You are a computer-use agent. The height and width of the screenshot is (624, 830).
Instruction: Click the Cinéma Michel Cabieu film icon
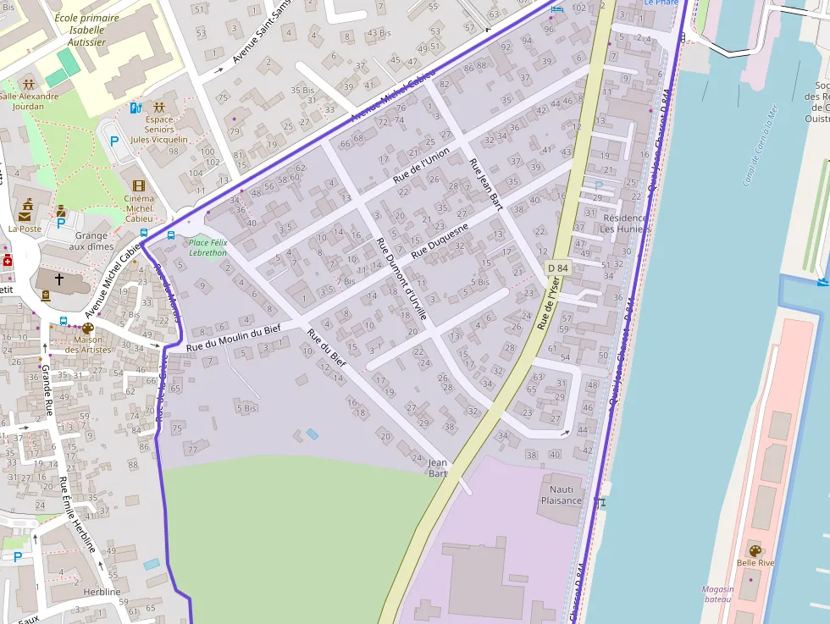pyautogui.click(x=138, y=185)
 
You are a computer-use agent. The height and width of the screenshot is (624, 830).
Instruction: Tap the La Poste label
pyautogui.click(x=25, y=229)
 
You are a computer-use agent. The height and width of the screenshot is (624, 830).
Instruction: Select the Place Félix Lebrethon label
pyautogui.click(x=207, y=248)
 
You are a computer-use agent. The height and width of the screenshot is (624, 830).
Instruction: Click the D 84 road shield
pyautogui.click(x=557, y=268)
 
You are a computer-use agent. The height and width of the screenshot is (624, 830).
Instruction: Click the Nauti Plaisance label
pyautogui.click(x=562, y=494)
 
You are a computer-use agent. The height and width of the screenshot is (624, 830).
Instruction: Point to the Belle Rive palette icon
pyautogui.click(x=755, y=550)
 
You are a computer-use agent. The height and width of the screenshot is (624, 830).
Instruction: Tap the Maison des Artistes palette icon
pyautogui.click(x=87, y=329)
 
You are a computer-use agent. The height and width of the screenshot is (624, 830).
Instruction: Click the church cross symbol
pyautogui.click(x=59, y=278)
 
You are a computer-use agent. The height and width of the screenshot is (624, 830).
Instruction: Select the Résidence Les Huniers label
pyautogui.click(x=624, y=224)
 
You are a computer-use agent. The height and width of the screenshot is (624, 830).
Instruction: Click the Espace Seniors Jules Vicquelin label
pyautogui.click(x=159, y=130)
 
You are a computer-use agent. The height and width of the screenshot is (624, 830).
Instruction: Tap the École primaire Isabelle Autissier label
pyautogui.click(x=80, y=29)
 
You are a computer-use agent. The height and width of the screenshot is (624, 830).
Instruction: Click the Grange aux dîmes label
pyautogui.click(x=91, y=241)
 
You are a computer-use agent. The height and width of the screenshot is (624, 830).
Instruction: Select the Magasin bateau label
pyautogui.click(x=717, y=594)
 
